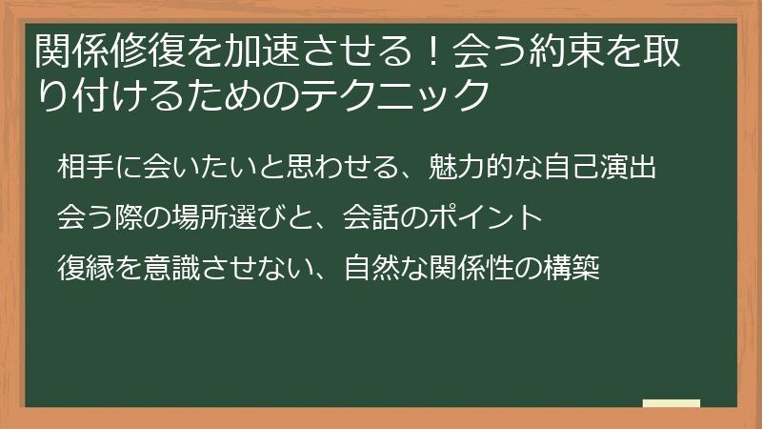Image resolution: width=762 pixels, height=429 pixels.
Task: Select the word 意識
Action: click(x=165, y=268)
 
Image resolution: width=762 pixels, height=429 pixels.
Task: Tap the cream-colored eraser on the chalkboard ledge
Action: click(x=672, y=403)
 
